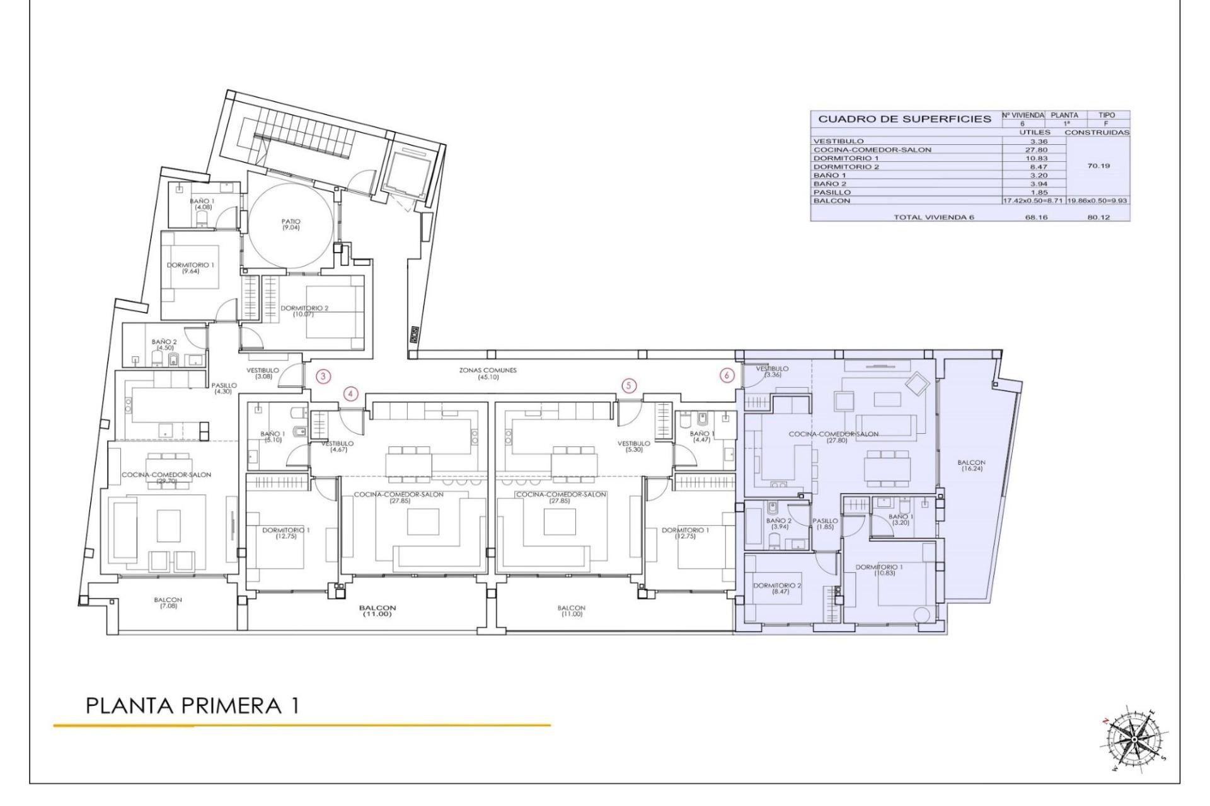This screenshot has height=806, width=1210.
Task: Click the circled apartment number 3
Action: pos(323,377)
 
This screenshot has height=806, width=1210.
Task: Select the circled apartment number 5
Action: pos(628,385)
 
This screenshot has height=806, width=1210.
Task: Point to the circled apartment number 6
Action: pos(727,375)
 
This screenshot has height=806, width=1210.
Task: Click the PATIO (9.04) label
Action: pos(291,224)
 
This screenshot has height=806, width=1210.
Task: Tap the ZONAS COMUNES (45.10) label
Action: pos(488,373)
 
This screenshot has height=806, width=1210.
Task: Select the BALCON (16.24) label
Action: pos(971,465)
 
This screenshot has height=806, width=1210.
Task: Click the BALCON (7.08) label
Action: pos(168,603)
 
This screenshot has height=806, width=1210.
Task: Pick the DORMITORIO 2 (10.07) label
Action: pos(304,310)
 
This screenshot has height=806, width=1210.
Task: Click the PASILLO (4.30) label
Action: pos(224,388)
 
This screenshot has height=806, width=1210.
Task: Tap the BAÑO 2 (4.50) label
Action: pos(164,344)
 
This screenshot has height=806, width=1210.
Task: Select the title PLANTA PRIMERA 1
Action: pos(192,706)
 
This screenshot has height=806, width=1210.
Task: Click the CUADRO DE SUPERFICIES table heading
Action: pos(904,119)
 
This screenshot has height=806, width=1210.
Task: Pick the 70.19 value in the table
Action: pos(1098,166)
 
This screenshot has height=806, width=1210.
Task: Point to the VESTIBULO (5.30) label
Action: pos(633,446)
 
